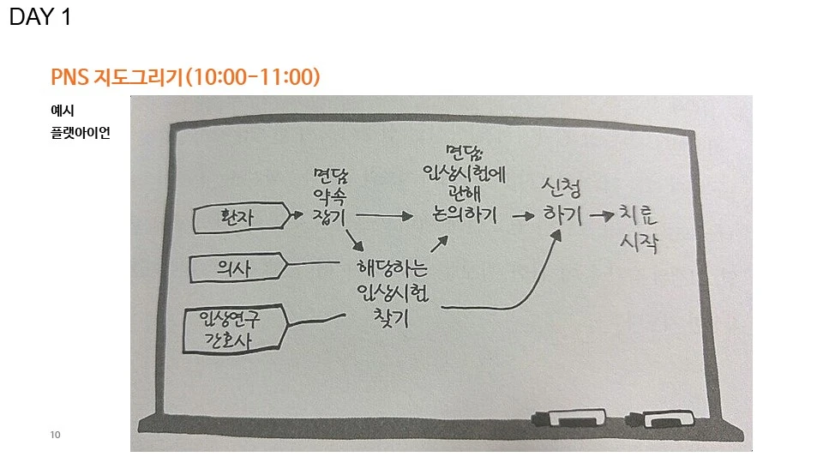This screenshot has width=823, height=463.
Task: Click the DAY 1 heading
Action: [x=40, y=18]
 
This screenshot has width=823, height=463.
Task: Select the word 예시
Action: [x=62, y=111]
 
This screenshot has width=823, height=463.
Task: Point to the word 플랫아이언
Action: [x=80, y=134]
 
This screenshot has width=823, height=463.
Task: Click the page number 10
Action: [x=56, y=436]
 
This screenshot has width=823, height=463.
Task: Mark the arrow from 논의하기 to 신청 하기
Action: [x=521, y=217]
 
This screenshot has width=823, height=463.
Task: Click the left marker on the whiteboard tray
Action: [x=571, y=420]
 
